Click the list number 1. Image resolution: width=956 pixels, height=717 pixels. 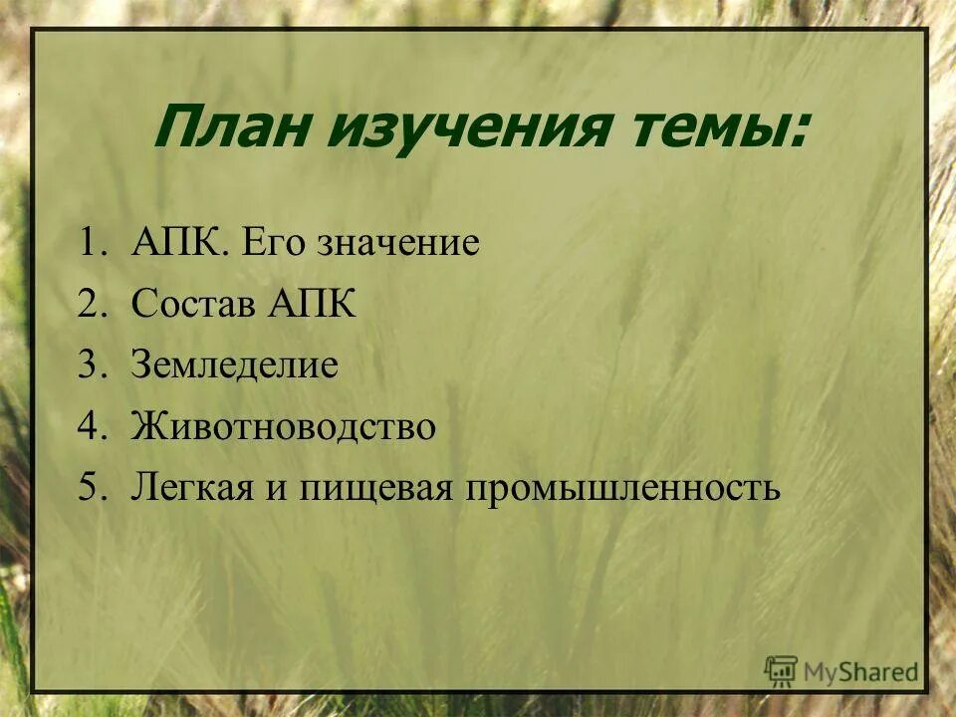pos(91,244)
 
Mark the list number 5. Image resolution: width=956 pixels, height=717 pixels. pos(91,489)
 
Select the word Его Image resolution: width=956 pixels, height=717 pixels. pos(271,244)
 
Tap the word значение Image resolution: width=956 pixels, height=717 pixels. pos(398,244)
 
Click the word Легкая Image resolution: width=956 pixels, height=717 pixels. pos(191,489)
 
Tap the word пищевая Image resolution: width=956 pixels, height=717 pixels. pos(365,489)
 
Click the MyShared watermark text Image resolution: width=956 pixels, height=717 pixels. pos(861,672)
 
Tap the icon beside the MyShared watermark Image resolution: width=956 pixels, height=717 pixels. pos(782,671)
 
